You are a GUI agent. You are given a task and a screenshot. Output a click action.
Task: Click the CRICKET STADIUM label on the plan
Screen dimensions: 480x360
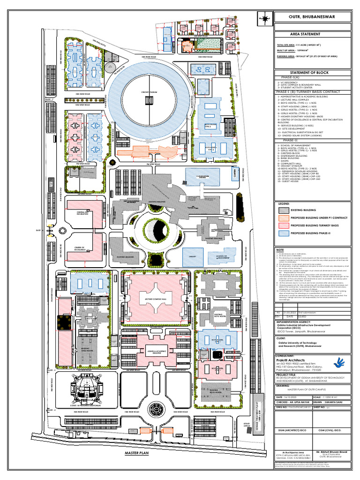click(x=149, y=91)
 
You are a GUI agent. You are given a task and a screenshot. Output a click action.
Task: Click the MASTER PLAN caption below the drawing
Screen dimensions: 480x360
click(x=136, y=454)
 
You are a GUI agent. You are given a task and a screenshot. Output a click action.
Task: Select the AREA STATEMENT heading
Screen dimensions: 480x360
click(x=305, y=34)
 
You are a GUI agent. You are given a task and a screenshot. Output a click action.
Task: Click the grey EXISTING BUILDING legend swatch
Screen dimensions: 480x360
click(x=283, y=210)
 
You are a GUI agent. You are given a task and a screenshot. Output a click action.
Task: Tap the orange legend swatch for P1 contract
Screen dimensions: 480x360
click(x=283, y=218)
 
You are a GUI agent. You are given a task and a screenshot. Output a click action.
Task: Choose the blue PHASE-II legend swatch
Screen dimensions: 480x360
click(x=283, y=232)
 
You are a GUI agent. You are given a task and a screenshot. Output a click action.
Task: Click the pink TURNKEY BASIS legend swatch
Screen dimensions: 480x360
click(x=283, y=225)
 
